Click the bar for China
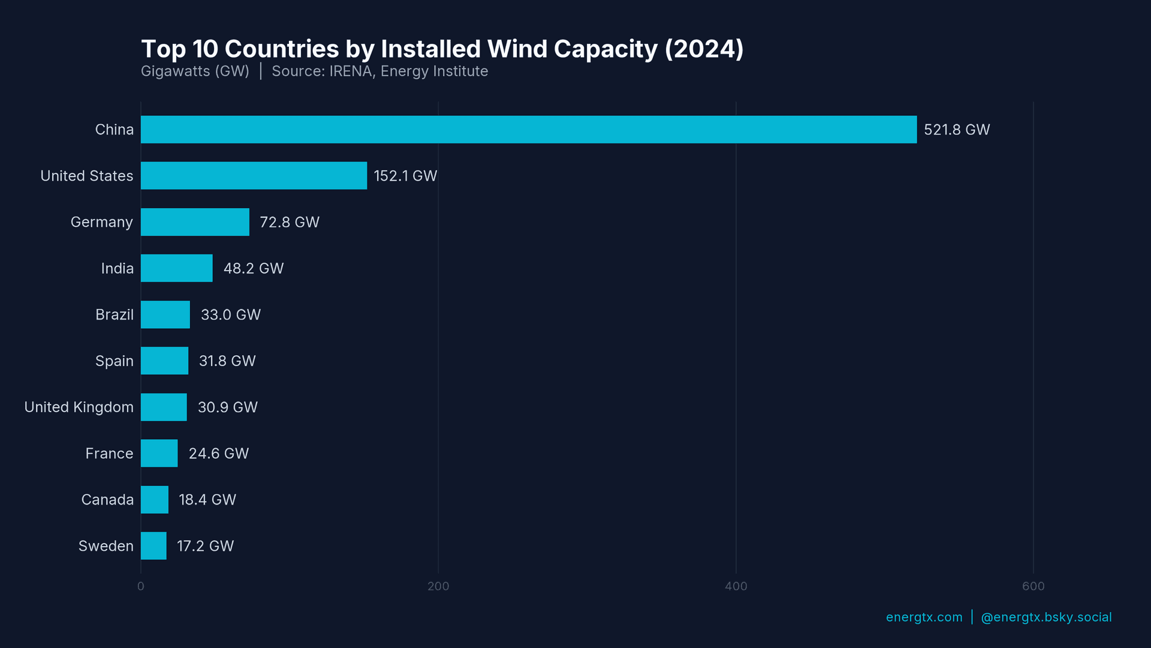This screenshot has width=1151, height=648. point(528,130)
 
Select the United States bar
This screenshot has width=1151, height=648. point(254,176)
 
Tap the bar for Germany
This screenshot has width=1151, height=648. point(195,222)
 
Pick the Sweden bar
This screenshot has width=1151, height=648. point(153,546)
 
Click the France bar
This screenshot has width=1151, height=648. point(159,454)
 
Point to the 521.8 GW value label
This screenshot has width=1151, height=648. point(957,130)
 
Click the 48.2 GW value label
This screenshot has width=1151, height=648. point(254,268)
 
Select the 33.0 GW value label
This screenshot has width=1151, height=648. point(231,314)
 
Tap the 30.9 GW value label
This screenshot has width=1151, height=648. point(228,407)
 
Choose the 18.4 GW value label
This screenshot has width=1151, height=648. point(207,500)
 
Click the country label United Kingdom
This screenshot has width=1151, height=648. point(79,407)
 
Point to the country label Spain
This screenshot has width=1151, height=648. point(114,361)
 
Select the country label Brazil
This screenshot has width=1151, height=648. point(114,314)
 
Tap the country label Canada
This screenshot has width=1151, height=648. point(107,500)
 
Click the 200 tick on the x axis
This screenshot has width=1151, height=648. point(438,586)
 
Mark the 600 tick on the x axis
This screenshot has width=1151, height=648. point(1033,586)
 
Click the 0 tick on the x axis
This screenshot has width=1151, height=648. point(141,586)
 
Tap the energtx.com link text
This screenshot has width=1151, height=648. point(924,617)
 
